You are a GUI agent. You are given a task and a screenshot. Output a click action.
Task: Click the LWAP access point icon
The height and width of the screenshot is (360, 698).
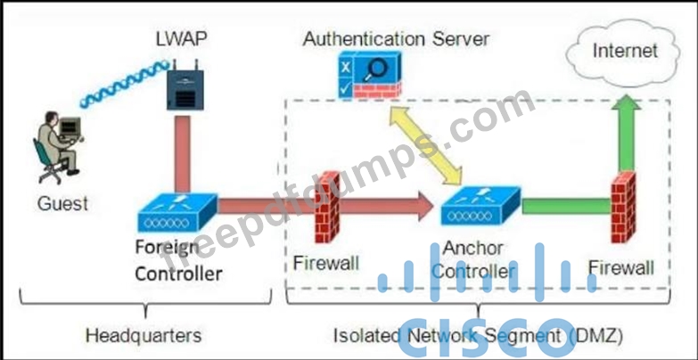(184, 83)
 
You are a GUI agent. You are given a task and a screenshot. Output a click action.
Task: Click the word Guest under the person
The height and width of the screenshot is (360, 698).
(62, 203)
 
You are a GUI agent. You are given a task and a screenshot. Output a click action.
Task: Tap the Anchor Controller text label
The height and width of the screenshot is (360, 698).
(480, 259)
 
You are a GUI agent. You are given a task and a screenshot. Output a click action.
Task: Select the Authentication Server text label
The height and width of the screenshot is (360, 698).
(396, 39)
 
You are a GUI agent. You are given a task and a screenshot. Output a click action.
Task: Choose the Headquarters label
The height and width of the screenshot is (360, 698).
(143, 336)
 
